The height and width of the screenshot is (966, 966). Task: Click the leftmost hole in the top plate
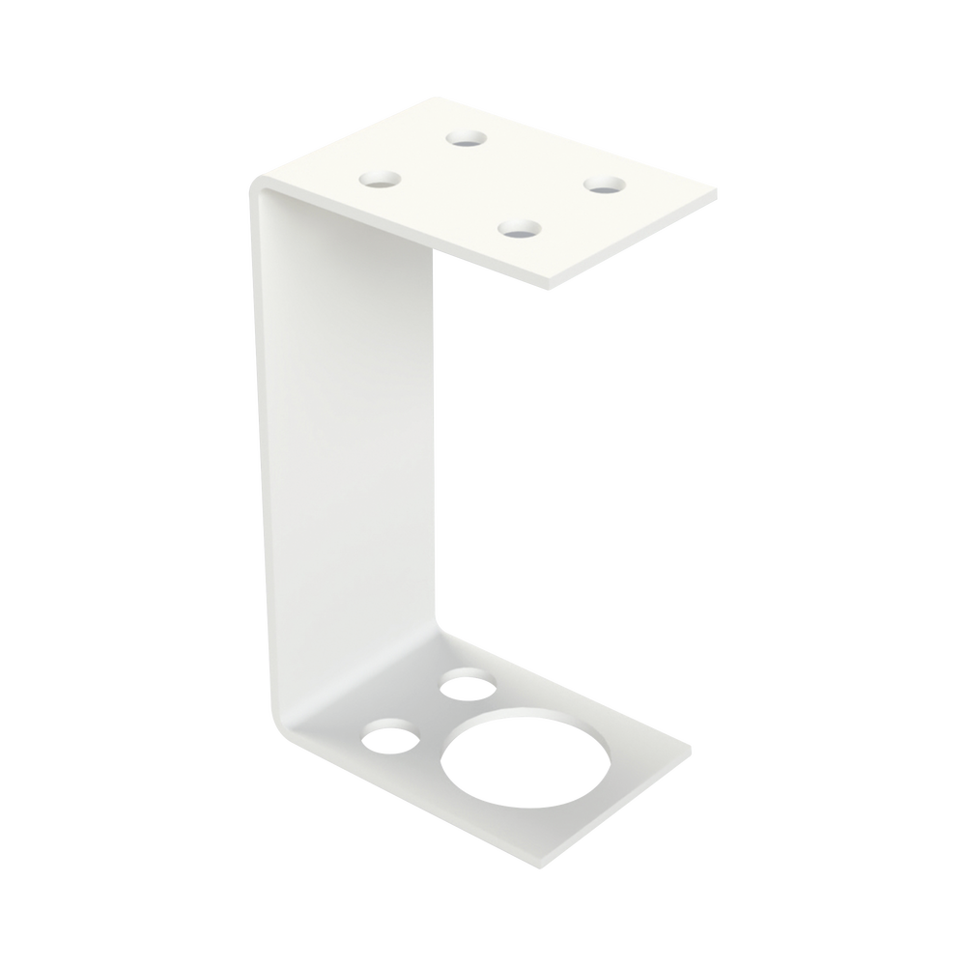coord(380,179)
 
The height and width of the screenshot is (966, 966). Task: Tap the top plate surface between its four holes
coord(493,184)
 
